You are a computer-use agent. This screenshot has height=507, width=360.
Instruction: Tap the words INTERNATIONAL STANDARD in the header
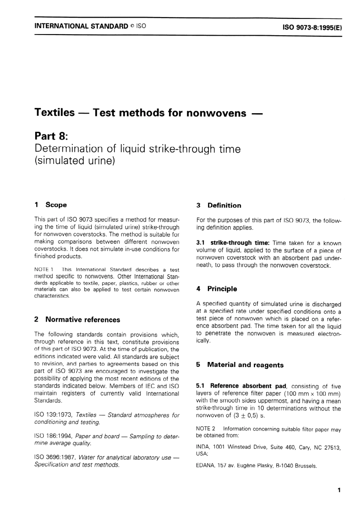click(x=81, y=27)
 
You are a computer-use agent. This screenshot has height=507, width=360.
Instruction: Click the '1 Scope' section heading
click(x=50, y=205)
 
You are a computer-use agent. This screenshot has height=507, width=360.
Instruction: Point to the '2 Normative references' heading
click(x=77, y=320)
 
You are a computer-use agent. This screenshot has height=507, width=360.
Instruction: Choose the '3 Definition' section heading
click(x=219, y=206)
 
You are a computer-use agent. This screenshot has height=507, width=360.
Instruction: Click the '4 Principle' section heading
click(x=216, y=289)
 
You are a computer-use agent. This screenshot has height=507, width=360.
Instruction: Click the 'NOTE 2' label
click(x=205, y=429)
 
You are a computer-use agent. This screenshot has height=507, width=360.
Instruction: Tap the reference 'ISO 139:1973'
click(x=53, y=415)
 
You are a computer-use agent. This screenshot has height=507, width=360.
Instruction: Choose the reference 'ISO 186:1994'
click(x=53, y=436)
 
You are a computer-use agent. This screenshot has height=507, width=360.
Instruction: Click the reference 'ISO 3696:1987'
click(x=55, y=457)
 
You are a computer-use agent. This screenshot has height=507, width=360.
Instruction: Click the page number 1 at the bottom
click(x=339, y=490)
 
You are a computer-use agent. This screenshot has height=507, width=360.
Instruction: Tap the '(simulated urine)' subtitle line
click(x=74, y=161)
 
